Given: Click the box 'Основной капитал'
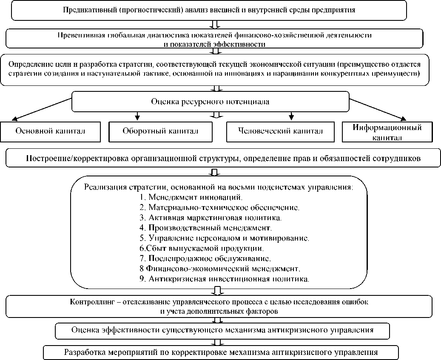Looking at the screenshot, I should point(50,131).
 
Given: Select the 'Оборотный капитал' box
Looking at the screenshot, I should point(160,131).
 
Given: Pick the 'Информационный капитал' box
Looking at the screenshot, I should point(387,132).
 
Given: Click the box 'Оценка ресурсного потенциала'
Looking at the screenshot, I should point(210,102).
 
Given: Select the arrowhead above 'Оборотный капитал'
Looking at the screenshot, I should point(137,116).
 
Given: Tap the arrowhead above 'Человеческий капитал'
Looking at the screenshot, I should point(291,116).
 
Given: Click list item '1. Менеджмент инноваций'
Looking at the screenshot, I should point(191,197).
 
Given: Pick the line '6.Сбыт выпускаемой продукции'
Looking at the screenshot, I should point(202,248).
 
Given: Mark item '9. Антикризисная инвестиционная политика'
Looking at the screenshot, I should point(224,279).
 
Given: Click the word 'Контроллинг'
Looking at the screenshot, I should point(89,302).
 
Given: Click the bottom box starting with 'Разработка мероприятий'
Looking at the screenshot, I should point(221,352).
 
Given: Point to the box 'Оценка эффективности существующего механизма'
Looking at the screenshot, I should point(222,330).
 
